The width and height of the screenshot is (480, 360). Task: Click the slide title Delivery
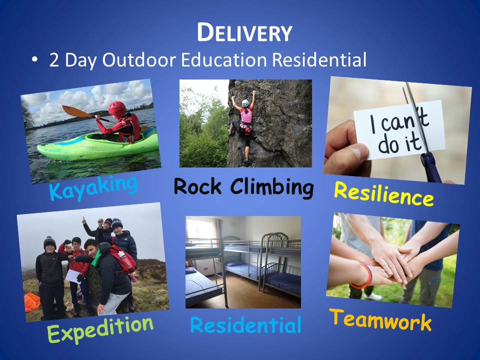pos(244,32)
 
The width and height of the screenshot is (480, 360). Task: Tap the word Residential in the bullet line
pos(319,59)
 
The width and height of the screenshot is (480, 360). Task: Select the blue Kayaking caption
pos(93,187)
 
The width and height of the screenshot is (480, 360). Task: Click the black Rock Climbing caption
pos(243,187)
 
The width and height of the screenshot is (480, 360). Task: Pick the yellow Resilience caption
pos(383,193)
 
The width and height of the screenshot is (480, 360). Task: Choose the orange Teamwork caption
pos(380,320)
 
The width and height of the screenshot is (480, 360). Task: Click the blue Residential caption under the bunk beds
pos(246,325)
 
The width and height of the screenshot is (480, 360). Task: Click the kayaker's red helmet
pos(117,109)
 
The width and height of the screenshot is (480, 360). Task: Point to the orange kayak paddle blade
pos(76,111)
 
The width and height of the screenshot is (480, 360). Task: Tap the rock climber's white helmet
pos(245,103)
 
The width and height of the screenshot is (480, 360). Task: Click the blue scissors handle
pos(431,167)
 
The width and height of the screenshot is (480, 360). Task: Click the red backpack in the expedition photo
pos(123,258)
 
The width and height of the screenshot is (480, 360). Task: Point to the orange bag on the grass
pos(32,302)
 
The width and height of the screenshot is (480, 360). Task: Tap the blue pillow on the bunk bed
pos(235,263)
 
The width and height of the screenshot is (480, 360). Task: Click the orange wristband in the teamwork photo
pos(364,276)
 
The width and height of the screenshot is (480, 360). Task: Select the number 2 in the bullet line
pos(54,60)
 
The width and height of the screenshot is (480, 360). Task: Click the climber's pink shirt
pos(246,115)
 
